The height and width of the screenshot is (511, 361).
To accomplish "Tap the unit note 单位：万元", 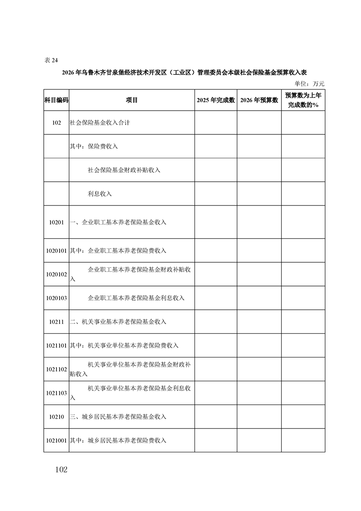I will tap(310, 83).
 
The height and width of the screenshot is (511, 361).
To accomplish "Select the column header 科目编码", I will tap(56, 100).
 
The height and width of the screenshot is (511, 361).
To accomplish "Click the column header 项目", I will tap(132, 100).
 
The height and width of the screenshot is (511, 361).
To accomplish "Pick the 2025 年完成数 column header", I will tap(215, 100).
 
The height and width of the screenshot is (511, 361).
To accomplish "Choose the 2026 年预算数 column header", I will tap(259, 100).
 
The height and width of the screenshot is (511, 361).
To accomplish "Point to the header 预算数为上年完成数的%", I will tap(303, 100).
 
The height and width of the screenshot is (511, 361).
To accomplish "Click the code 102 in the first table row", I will tap(56, 123).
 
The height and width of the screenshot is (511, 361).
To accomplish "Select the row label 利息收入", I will tap(100, 194).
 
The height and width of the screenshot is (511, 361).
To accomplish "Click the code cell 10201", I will tap(56, 222).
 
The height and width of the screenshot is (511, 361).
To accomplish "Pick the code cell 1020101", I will tap(56, 250).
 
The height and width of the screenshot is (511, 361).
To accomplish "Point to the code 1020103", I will tap(56, 298).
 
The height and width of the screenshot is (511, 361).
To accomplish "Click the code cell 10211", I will tap(56, 322).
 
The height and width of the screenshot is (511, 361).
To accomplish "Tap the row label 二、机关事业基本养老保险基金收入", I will tap(118, 322).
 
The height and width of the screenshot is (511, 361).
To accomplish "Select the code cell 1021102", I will tap(56, 369).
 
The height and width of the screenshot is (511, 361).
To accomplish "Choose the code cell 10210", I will tap(56, 417).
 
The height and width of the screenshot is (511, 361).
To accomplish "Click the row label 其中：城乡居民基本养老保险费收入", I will tap(118, 440).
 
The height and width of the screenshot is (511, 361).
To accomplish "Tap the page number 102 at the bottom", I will tap(59, 470).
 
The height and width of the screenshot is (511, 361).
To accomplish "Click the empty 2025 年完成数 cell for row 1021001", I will tap(215, 440).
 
